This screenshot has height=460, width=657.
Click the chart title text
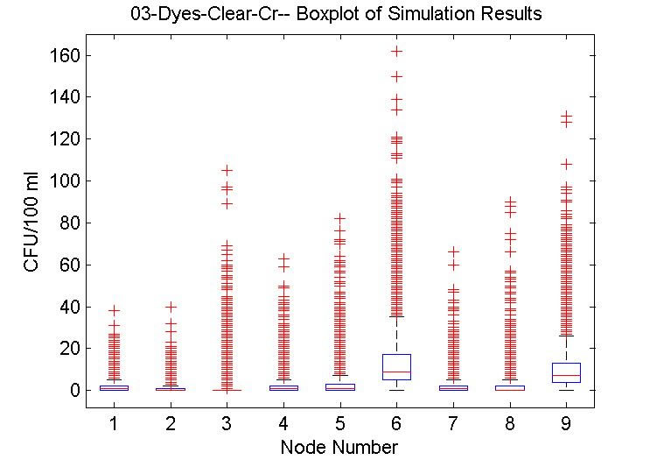coord(335,14)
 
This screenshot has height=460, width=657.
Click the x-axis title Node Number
coord(339,447)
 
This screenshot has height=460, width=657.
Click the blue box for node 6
coord(396,366)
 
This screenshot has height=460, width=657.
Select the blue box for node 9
coord(566,372)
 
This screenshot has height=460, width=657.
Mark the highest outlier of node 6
coord(396,51)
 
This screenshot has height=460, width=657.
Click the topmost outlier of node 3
coord(227,170)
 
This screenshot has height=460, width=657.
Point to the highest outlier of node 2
coord(171,307)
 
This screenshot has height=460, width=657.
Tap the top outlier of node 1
coord(114,310)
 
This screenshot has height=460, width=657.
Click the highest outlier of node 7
coord(453,251)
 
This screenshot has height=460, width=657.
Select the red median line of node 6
coord(396,372)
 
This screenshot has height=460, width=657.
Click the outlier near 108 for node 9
coord(566,164)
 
